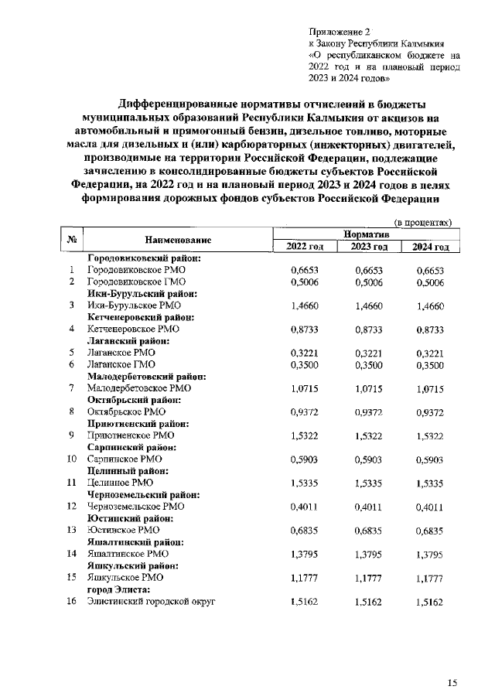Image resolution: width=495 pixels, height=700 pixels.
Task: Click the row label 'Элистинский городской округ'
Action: click(x=151, y=601)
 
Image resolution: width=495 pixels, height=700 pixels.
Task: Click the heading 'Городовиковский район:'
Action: click(x=145, y=258)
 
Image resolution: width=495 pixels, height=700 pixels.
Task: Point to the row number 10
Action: click(x=70, y=459)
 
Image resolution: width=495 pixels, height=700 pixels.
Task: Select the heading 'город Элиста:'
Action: click(x=120, y=589)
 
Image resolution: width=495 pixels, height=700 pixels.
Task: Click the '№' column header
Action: click(x=70, y=241)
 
